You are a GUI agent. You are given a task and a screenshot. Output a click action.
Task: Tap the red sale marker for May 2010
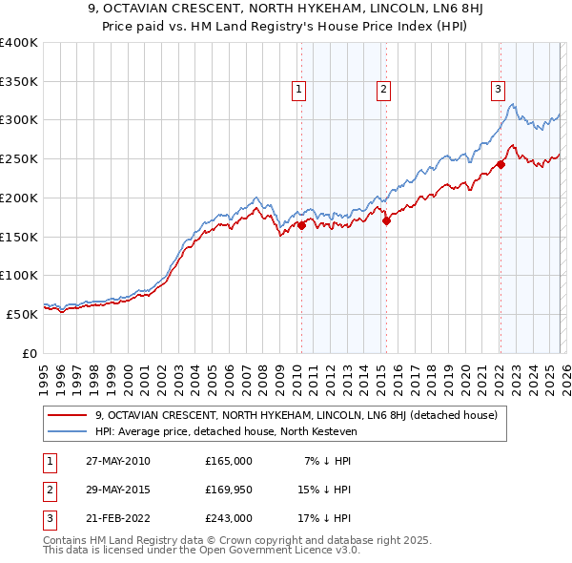pyautogui.click(x=301, y=225)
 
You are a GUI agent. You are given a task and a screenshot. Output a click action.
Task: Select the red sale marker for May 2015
pyautogui.click(x=386, y=221)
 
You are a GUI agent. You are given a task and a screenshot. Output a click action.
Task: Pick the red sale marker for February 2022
pyautogui.click(x=500, y=164)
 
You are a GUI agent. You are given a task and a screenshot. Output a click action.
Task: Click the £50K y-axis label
pyautogui.click(x=22, y=313)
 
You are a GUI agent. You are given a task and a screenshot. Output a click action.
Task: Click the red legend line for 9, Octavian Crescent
pyautogui.click(x=68, y=415)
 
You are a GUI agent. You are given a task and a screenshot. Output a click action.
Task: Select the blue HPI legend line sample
pyautogui.click(x=68, y=431)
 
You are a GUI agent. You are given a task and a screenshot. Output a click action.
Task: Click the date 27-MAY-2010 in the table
pyautogui.click(x=117, y=461)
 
